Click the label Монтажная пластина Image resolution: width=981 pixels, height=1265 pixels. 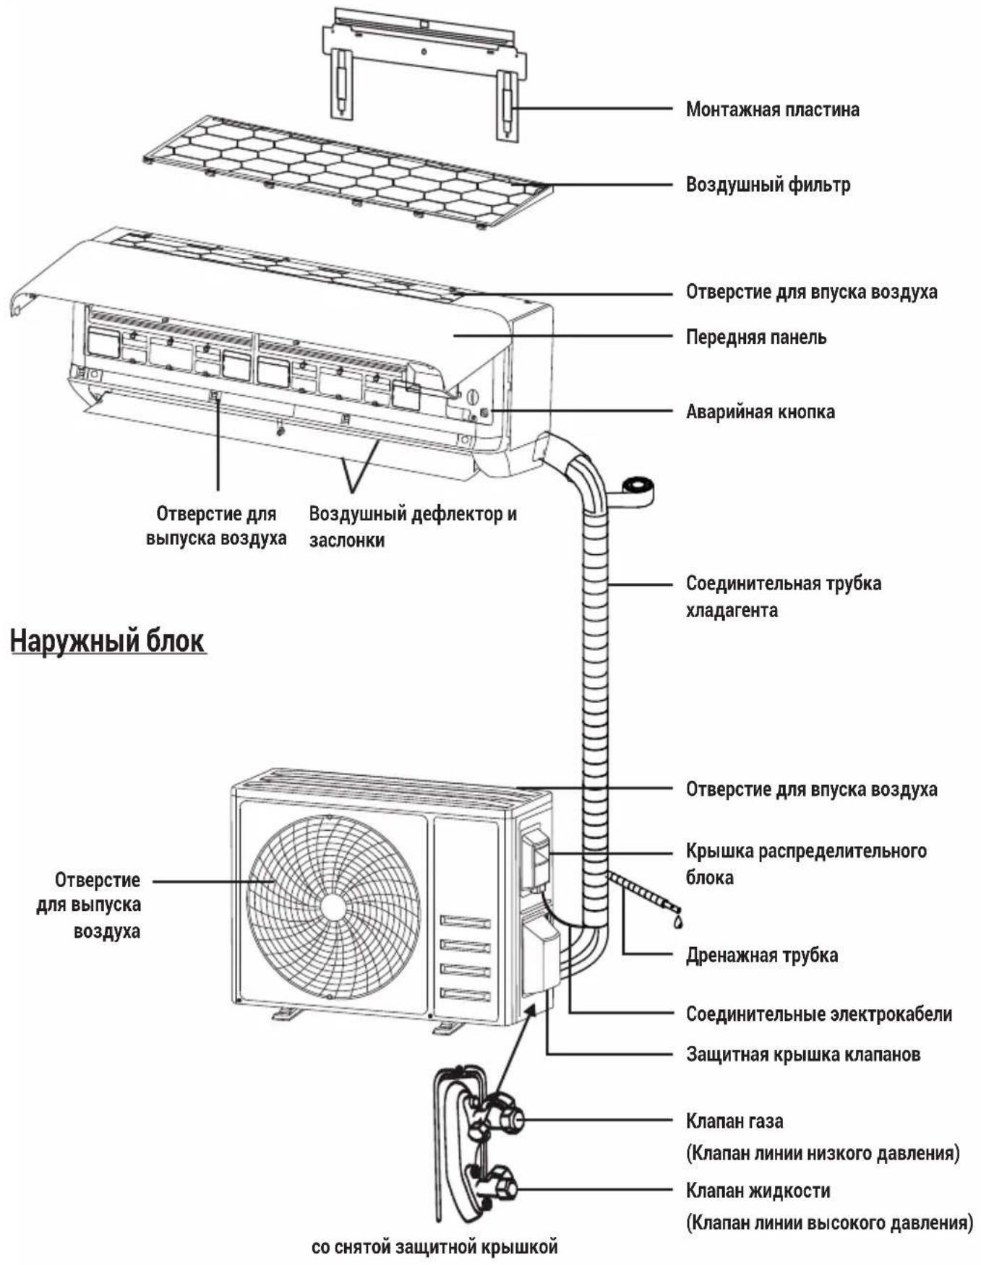[772, 110]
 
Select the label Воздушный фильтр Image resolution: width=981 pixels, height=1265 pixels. [768, 185]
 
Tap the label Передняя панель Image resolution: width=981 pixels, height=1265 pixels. [755, 337]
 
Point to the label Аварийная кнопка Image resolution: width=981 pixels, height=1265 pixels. [760, 412]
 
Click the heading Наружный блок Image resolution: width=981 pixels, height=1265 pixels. [108, 642]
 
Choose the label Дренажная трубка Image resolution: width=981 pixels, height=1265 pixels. [761, 956]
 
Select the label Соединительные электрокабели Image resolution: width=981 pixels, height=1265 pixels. [818, 1014]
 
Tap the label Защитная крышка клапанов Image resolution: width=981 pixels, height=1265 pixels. [803, 1055]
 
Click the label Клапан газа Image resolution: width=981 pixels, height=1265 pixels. [734, 1121]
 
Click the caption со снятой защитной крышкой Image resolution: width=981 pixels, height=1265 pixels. [434, 1247]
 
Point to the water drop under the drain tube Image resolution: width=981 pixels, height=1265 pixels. [677, 921]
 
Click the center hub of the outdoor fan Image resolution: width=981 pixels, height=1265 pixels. [333, 907]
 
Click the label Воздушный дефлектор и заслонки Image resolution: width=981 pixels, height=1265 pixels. [413, 527]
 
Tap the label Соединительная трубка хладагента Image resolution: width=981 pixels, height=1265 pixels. [784, 597]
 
